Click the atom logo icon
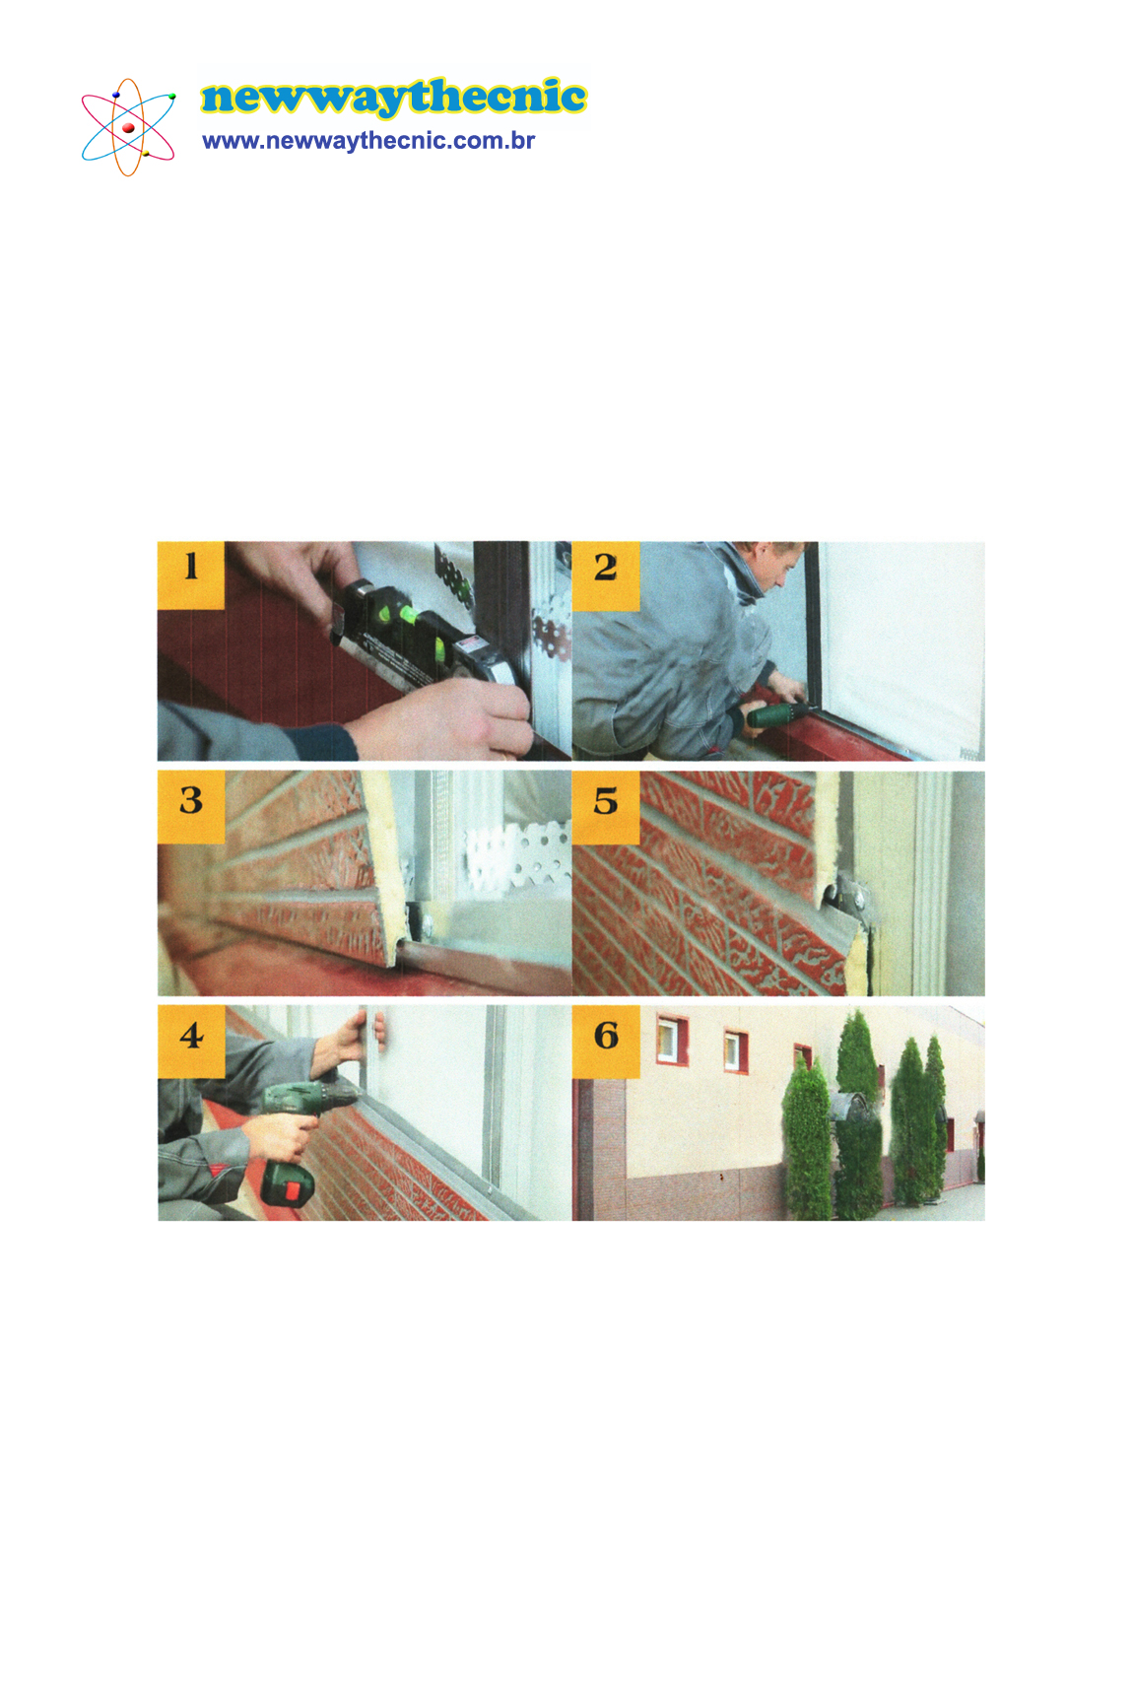click(x=128, y=127)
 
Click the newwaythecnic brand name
click(x=394, y=98)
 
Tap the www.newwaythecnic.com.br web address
click(x=368, y=141)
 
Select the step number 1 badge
click(x=190, y=574)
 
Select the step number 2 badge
click(x=605, y=575)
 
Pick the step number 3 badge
click(x=190, y=807)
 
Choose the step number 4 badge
click(x=191, y=1041)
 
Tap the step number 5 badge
click(x=605, y=807)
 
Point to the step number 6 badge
click(x=606, y=1041)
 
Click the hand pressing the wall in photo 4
click(x=360, y=1040)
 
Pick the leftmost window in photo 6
click(x=671, y=1040)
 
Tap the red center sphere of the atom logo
click(x=128, y=128)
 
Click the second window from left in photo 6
click(x=735, y=1049)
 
